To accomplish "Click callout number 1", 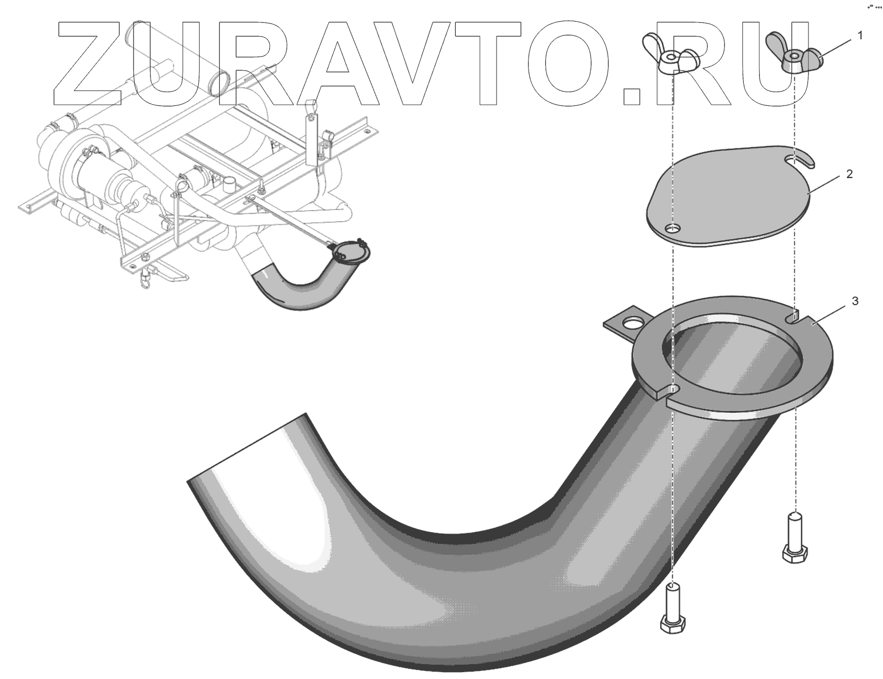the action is [x=859, y=35].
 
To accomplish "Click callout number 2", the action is [x=849, y=174].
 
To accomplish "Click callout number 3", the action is [x=854, y=301].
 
